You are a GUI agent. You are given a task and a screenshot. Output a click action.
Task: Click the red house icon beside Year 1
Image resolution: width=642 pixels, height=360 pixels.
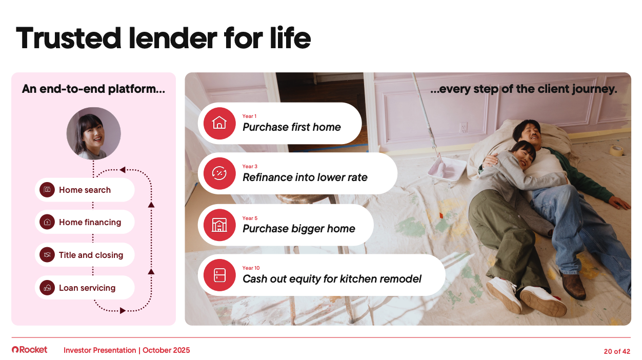219,123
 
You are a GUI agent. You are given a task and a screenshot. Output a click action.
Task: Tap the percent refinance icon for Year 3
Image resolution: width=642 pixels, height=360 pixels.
219,173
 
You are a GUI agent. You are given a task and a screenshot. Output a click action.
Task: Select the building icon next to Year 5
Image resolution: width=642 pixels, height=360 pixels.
219,225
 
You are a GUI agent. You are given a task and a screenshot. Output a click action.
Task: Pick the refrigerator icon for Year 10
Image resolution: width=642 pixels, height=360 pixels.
219,275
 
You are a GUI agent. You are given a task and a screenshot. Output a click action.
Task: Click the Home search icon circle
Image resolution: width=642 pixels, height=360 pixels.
47,190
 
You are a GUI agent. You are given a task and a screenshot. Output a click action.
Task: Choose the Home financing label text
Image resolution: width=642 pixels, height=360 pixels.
90,222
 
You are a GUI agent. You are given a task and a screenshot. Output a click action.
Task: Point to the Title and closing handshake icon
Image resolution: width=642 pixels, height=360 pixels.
47,255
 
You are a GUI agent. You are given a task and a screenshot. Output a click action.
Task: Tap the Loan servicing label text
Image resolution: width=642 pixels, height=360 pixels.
87,288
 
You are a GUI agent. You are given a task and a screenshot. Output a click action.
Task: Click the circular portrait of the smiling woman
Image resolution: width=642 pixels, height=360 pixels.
93,133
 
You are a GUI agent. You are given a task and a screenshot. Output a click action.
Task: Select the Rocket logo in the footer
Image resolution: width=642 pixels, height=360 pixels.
30,350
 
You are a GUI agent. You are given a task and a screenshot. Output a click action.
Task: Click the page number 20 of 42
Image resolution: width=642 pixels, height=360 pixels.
617,351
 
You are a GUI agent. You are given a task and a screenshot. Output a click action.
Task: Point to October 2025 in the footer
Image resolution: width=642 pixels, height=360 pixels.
166,350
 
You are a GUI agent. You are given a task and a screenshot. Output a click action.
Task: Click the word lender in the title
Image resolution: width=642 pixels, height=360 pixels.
173,38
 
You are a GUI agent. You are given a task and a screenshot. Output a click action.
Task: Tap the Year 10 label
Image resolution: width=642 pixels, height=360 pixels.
251,268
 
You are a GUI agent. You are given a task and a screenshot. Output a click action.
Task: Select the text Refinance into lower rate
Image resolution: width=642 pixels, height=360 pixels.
305,177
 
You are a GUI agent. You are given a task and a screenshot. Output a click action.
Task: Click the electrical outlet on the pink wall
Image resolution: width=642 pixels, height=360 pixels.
463,128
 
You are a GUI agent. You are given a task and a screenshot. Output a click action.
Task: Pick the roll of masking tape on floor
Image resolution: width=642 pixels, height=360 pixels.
616,150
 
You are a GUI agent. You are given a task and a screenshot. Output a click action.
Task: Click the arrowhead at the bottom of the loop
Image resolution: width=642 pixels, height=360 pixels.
123,310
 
